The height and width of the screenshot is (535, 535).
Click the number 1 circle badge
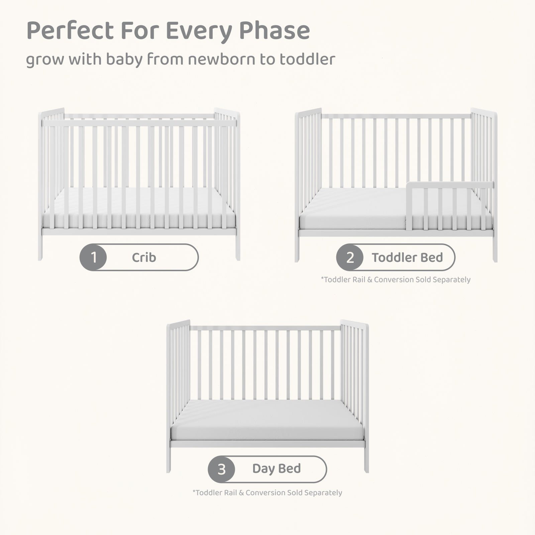[x=93, y=257]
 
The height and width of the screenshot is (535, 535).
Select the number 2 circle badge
[x=350, y=257]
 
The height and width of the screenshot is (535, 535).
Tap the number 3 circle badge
[x=221, y=469]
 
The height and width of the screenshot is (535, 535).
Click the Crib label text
[x=144, y=257]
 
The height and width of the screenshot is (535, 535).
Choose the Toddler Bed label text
[x=407, y=257]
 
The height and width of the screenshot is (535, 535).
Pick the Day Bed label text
[x=277, y=469]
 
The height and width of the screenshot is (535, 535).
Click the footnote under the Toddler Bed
[x=396, y=280]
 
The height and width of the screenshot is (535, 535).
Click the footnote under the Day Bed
[x=267, y=493]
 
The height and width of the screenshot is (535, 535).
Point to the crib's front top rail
[x=139, y=123]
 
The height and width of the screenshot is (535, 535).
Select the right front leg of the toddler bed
[x=495, y=249]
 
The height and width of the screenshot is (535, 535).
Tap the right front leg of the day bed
[x=366, y=460]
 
